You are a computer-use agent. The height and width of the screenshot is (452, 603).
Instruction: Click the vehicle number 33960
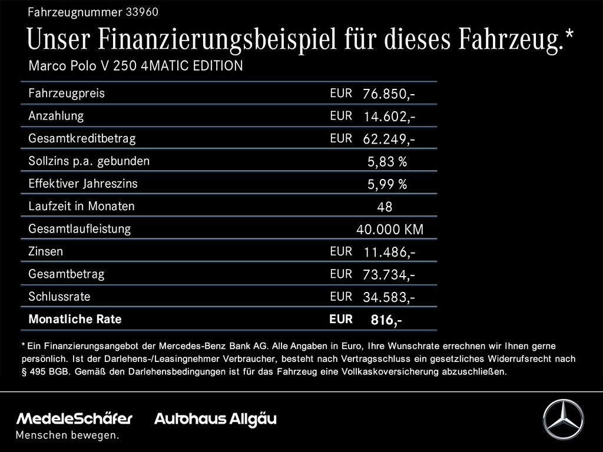142,12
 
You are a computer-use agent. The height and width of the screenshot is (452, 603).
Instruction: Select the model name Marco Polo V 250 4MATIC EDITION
135,66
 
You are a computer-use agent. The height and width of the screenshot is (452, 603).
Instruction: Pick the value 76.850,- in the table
389,94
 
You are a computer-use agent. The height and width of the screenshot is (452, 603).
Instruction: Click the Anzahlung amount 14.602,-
389,117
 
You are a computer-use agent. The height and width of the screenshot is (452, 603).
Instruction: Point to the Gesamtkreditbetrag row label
82,139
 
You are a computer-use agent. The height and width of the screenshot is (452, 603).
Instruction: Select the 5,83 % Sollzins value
387,162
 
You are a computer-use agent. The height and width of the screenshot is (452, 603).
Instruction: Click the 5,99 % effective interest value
387,185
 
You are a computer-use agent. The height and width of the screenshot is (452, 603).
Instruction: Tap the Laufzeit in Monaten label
81,207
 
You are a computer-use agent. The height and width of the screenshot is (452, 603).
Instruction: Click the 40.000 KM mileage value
389,230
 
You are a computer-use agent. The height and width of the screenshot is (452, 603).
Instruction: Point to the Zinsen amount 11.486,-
389,252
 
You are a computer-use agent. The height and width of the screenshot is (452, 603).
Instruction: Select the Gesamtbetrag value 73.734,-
389,275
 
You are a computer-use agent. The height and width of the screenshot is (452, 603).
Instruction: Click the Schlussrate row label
59,297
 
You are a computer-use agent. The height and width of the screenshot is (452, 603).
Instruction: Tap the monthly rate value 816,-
386,320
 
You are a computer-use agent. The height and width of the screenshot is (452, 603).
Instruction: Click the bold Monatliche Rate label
75,320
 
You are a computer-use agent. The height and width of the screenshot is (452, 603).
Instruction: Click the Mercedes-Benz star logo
562,419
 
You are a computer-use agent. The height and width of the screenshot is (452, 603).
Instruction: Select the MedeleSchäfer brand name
74,419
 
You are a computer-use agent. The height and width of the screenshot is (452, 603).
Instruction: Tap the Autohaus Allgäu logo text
215,419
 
